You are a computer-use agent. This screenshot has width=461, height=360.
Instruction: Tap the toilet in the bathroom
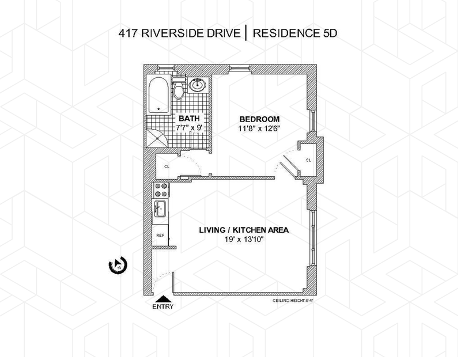click(179, 89)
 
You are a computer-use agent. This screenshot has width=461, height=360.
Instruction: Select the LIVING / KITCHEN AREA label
click(244, 230)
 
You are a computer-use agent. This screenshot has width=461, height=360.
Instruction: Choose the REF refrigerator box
click(160, 236)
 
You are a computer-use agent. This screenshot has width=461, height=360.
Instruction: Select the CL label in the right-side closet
click(308, 160)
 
